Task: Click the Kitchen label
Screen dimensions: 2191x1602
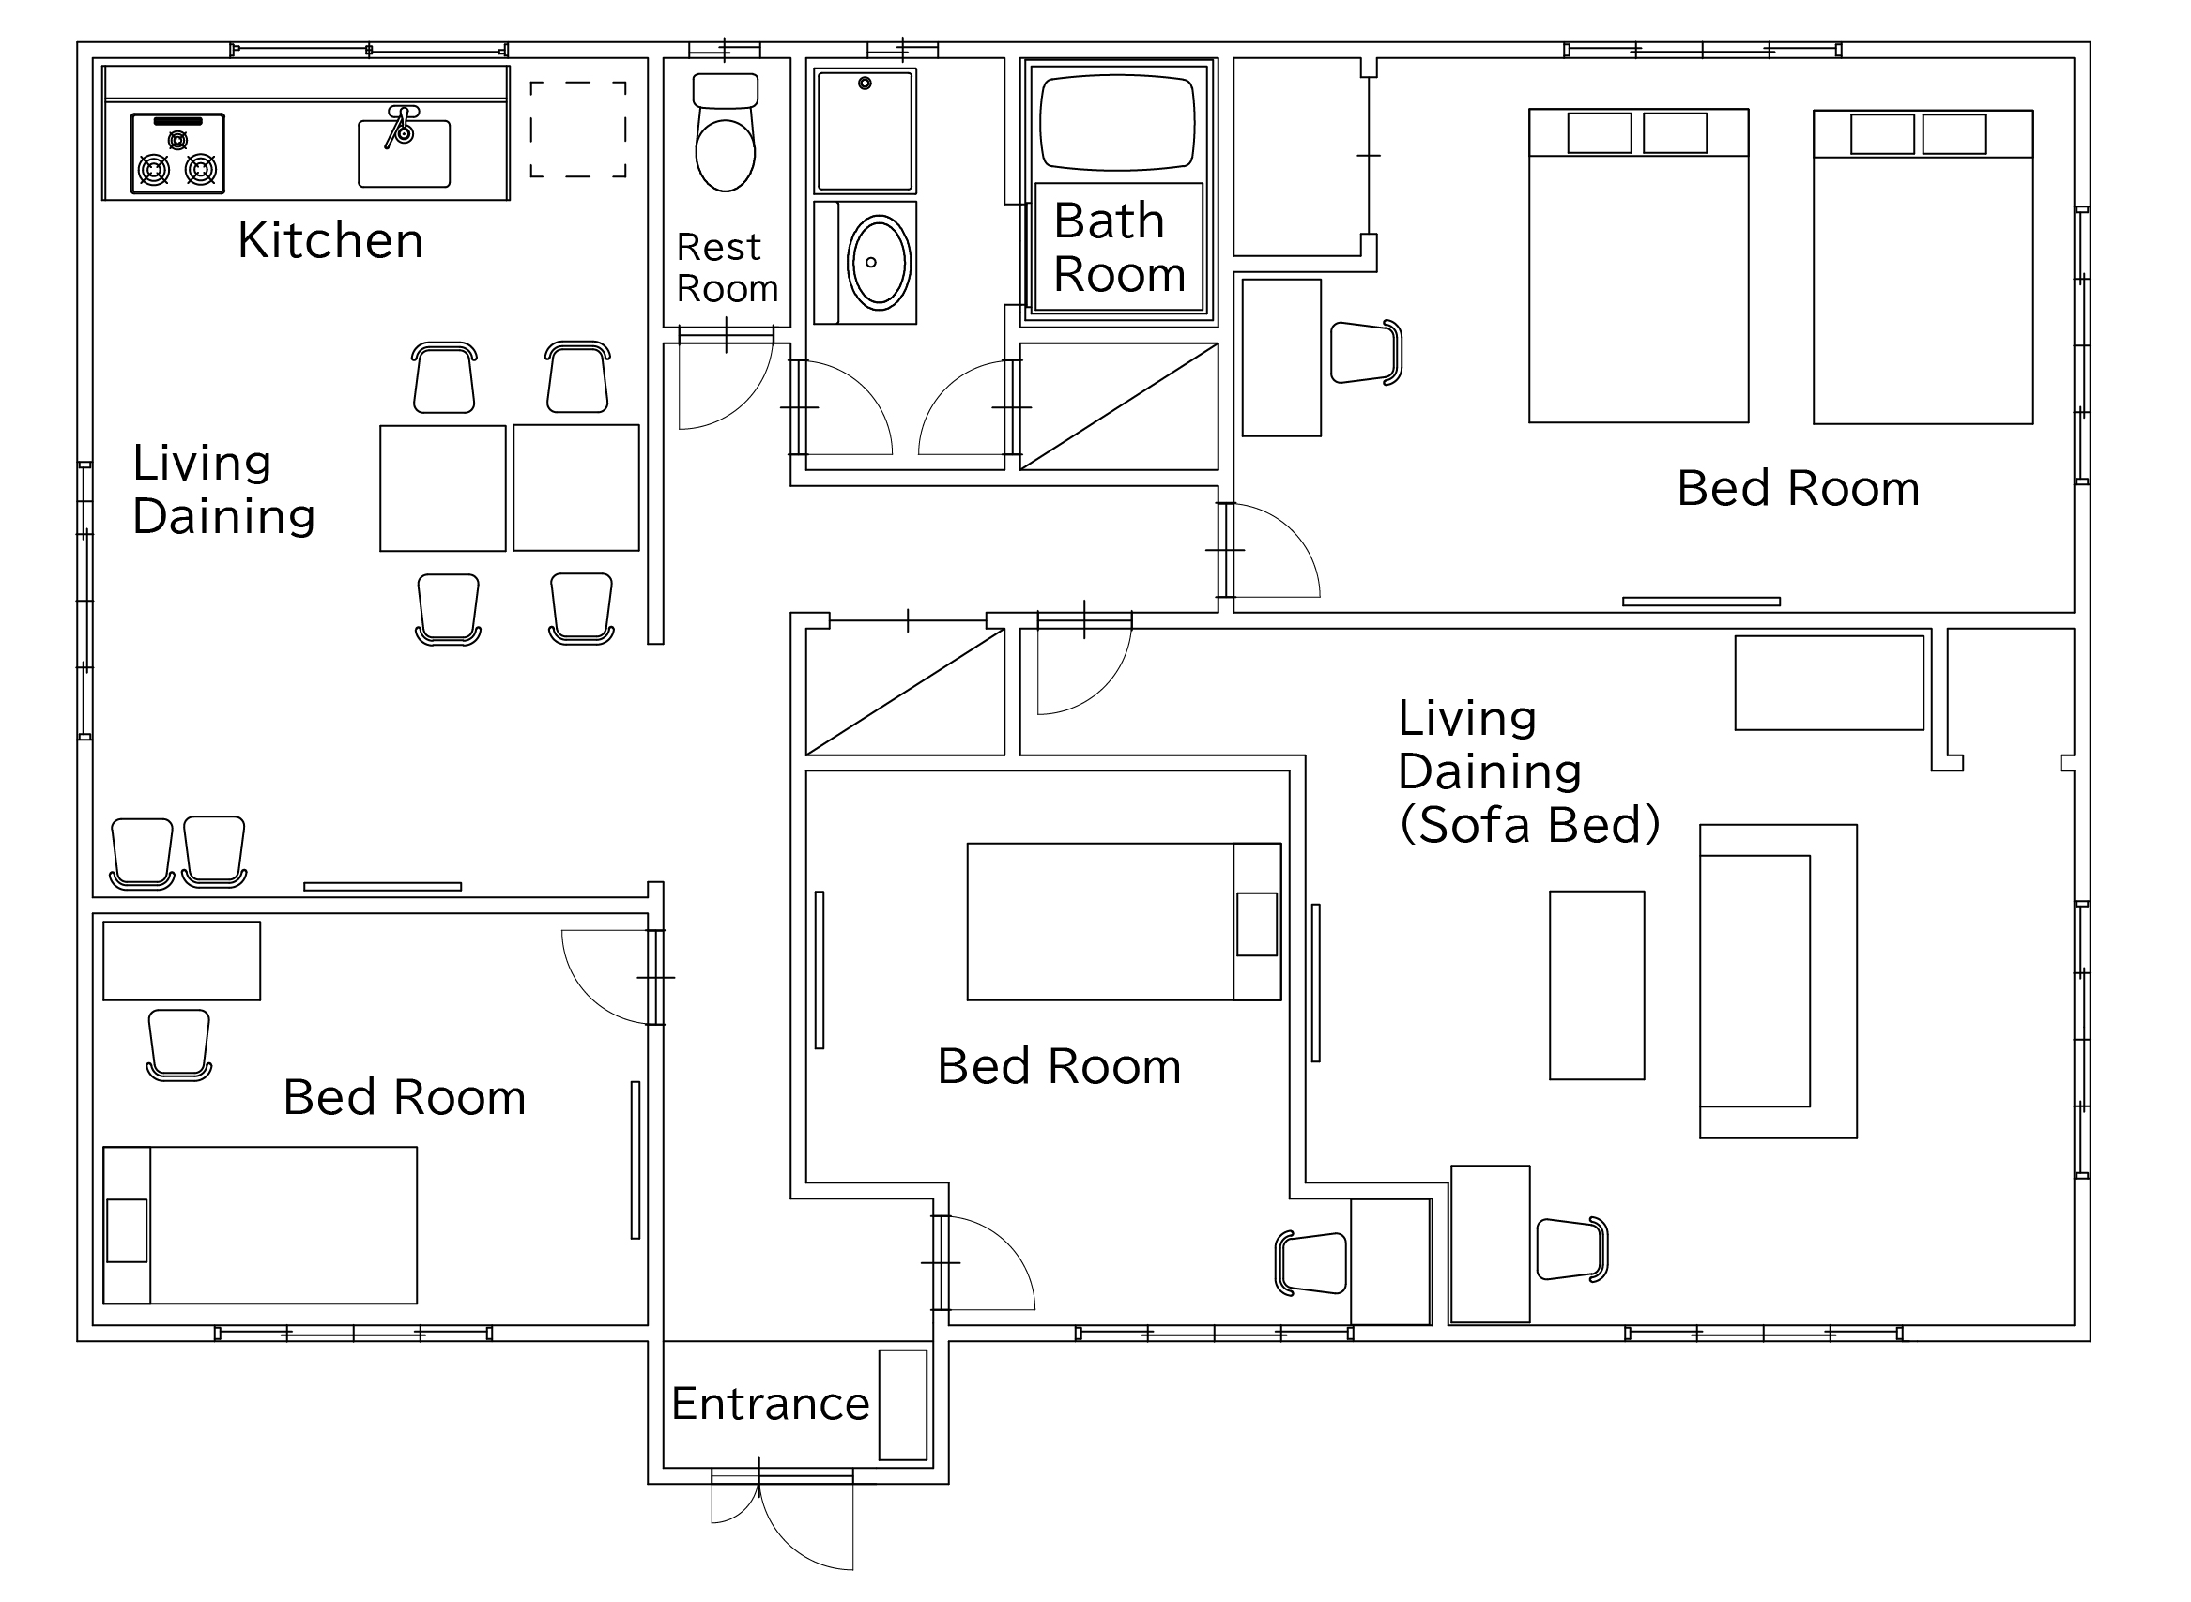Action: point(329,240)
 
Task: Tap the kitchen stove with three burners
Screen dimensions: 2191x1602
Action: point(177,153)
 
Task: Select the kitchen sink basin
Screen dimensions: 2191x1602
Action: point(404,153)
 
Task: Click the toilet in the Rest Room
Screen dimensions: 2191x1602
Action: point(726,132)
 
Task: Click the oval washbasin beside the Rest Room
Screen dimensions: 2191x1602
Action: point(879,262)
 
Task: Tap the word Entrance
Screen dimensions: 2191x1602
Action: point(770,1403)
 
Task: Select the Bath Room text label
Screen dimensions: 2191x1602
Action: point(1118,247)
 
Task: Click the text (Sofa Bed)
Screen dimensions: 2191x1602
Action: point(1529,824)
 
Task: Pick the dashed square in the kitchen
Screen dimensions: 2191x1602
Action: point(578,130)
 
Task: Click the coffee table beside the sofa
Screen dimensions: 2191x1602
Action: point(1597,985)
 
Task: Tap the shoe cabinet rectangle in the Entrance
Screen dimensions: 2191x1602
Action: point(903,1405)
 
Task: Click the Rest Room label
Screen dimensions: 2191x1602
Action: point(727,267)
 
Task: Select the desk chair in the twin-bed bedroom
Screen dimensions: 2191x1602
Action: point(1366,352)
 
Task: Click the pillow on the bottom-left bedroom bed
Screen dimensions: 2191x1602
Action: point(127,1230)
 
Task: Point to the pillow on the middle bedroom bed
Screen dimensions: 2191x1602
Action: point(1257,924)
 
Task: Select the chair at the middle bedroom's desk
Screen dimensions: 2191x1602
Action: point(1311,1263)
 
